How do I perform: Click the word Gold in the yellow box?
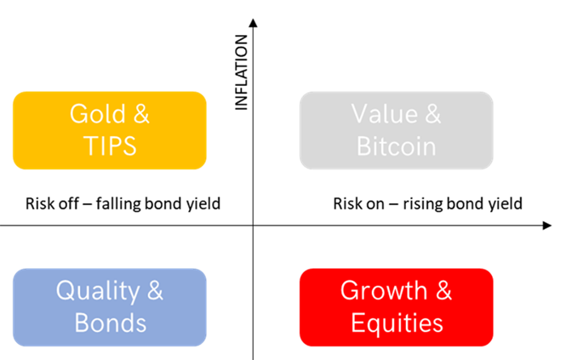pyautogui.click(x=98, y=114)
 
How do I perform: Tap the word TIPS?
pyautogui.click(x=110, y=146)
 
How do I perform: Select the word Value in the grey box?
pyautogui.click(x=385, y=114)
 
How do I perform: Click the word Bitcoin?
pyautogui.click(x=396, y=146)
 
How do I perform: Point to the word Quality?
pyautogui.click(x=98, y=292)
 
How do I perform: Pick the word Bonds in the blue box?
pyautogui.click(x=110, y=323)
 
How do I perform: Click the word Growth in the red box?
pyautogui.click(x=384, y=291)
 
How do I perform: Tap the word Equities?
pyautogui.click(x=397, y=324)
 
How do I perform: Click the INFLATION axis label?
pyautogui.click(x=242, y=72)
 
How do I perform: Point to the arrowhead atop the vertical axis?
pyautogui.click(x=253, y=23)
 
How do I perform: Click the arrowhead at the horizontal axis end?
pyautogui.click(x=546, y=226)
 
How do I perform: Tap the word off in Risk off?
pyautogui.click(x=69, y=203)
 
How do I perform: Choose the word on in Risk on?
pyautogui.click(x=375, y=205)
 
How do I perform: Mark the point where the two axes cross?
pyautogui.click(x=253, y=226)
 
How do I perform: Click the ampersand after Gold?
pyautogui.click(x=141, y=114)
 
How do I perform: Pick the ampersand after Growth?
pyautogui.click(x=443, y=291)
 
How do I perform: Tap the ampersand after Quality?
pyautogui.click(x=155, y=291)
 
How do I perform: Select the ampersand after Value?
pyautogui.click(x=433, y=114)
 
